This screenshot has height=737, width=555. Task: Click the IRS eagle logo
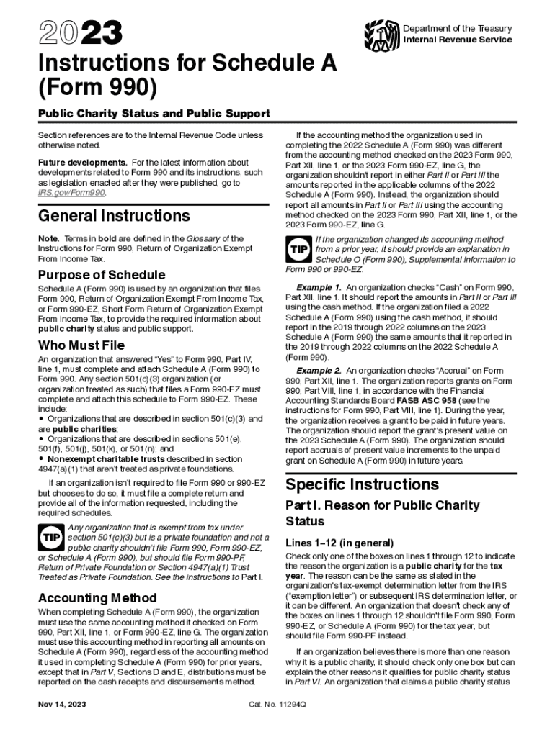pyautogui.click(x=381, y=33)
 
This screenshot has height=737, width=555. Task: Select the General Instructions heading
pyautogui.click(x=114, y=216)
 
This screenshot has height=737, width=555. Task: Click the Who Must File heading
pyautogui.click(x=81, y=345)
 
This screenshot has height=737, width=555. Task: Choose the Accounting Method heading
pyautogui.click(x=97, y=598)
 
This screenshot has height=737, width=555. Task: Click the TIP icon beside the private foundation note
pyautogui.click(x=50, y=538)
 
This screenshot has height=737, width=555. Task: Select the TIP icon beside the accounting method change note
pyautogui.click(x=298, y=249)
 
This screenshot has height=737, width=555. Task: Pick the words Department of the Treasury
pyautogui.click(x=457, y=29)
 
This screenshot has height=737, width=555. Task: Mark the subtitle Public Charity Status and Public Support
pyautogui.click(x=154, y=114)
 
